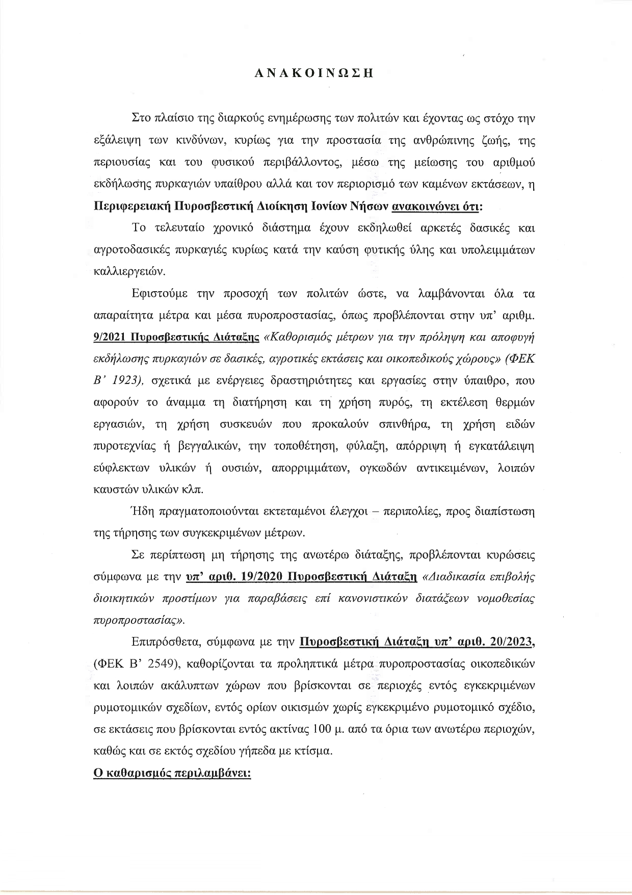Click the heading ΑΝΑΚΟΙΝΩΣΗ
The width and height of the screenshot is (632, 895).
tap(314, 73)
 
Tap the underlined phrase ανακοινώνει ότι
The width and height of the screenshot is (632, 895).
tap(435, 208)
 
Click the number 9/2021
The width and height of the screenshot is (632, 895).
tap(110, 338)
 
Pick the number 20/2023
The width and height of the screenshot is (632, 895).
tap(510, 642)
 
